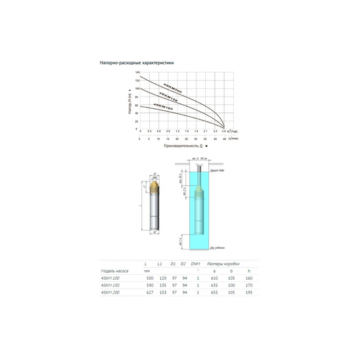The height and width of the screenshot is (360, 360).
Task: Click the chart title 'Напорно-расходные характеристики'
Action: (x=136, y=63)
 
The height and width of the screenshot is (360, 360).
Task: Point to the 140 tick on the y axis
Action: (x=137, y=73)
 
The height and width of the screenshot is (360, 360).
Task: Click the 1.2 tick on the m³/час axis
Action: (x=177, y=130)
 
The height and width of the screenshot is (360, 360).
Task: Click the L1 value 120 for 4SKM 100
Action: (x=162, y=278)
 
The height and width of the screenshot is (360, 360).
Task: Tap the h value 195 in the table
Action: (x=249, y=292)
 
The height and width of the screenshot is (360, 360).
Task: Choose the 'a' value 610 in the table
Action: (x=214, y=278)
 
